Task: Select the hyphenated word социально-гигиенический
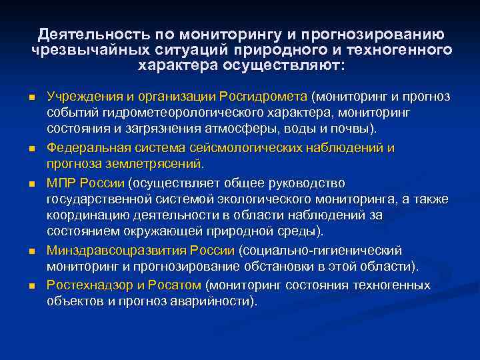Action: pyautogui.click(x=323, y=251)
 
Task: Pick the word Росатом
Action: pyautogui.click(x=178, y=285)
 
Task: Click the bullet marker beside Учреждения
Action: pyautogui.click(x=31, y=97)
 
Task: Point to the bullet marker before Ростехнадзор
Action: pyautogui.click(x=31, y=286)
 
